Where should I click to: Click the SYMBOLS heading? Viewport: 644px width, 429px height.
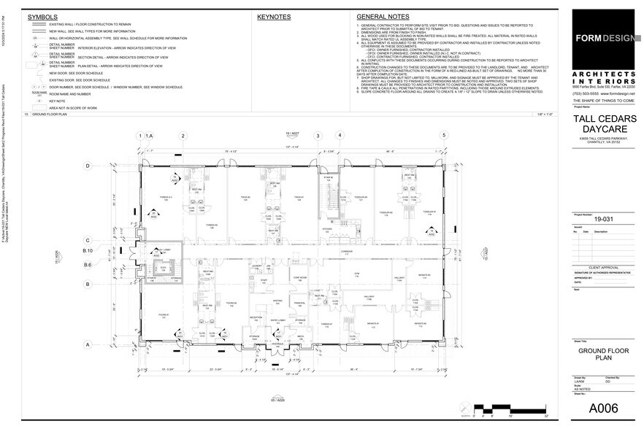[43, 16]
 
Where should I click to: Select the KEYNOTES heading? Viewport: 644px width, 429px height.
[274, 16]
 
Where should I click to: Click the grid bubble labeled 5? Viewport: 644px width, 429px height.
[443, 136]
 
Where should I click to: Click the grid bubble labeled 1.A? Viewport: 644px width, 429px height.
[149, 136]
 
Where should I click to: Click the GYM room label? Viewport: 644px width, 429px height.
[358, 274]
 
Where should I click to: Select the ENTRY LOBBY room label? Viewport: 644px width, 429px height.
[277, 320]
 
